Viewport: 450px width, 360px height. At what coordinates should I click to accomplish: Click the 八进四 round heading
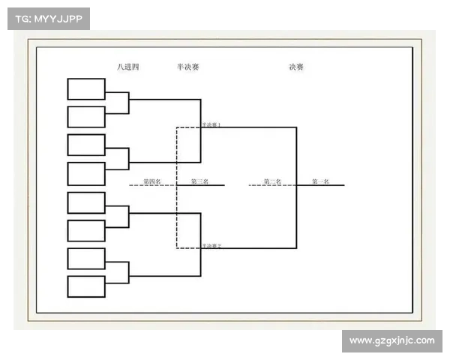click(x=128, y=67)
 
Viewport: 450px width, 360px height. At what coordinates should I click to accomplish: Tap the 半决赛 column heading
click(x=187, y=67)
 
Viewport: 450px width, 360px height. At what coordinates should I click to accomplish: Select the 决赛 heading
click(x=296, y=67)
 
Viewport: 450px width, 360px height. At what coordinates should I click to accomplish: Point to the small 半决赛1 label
click(x=211, y=124)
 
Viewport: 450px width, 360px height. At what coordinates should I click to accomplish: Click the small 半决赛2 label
click(x=211, y=246)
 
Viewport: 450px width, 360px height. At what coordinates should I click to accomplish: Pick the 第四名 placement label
click(x=152, y=181)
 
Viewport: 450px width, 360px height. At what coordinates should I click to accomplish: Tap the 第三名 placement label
click(x=199, y=181)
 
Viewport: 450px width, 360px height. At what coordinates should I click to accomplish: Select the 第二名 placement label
click(x=272, y=181)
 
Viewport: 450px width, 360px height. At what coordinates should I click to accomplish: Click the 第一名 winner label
click(x=320, y=181)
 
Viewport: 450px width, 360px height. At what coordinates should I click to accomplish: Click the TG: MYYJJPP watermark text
click(x=48, y=19)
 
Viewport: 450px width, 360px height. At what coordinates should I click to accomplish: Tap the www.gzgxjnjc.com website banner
click(x=392, y=341)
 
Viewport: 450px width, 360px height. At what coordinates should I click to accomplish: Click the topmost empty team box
click(x=86, y=88)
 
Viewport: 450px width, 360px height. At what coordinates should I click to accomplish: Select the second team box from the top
click(x=86, y=117)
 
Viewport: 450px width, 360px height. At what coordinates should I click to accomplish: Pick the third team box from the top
click(x=86, y=145)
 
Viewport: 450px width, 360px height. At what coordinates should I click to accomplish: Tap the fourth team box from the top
click(x=86, y=174)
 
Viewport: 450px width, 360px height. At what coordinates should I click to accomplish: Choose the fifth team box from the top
click(x=86, y=202)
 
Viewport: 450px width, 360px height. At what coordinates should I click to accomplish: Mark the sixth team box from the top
click(x=86, y=230)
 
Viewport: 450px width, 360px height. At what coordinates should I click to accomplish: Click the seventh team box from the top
click(x=86, y=259)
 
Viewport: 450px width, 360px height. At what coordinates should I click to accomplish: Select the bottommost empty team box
click(x=86, y=286)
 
